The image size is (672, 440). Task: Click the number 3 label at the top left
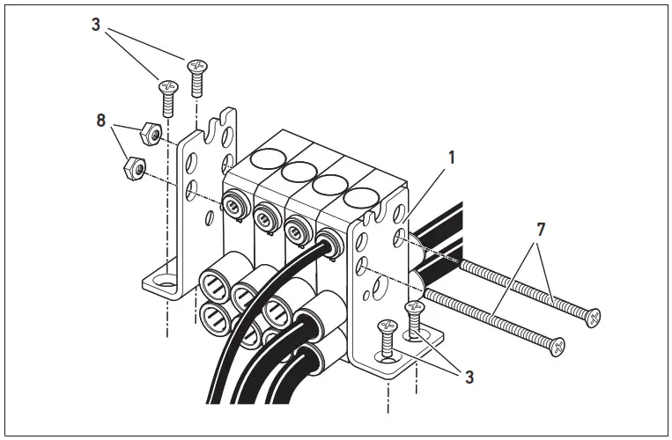(x=95, y=25)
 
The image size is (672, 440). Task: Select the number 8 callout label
(x=101, y=119)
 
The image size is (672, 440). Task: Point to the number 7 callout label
(x=541, y=230)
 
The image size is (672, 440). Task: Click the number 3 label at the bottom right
(x=469, y=377)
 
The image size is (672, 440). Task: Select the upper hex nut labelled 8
(x=149, y=134)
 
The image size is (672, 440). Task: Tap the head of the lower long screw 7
(x=557, y=343)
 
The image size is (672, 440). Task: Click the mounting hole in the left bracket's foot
(x=161, y=284)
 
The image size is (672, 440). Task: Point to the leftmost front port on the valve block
(x=234, y=209)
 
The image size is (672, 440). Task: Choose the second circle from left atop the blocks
(x=299, y=171)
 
